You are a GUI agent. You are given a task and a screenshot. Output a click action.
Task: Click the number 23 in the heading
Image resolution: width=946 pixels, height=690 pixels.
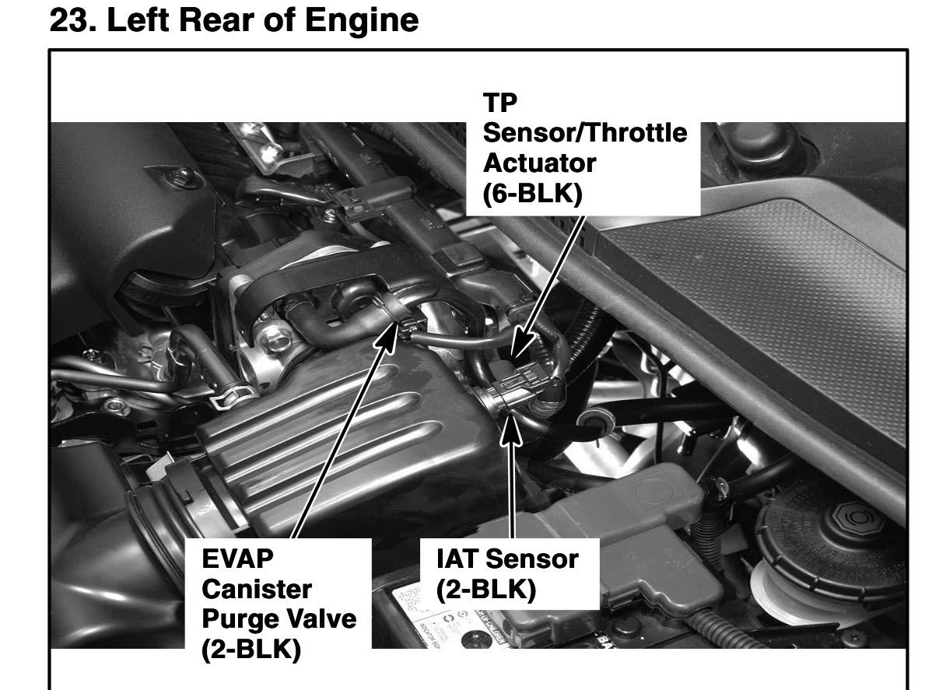71,20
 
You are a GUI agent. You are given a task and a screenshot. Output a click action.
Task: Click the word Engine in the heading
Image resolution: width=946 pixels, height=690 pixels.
362,21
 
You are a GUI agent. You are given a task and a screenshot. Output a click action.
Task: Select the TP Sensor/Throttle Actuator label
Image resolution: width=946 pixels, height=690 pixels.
585,148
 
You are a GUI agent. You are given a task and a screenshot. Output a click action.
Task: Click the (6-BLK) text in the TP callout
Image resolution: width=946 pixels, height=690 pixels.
533,194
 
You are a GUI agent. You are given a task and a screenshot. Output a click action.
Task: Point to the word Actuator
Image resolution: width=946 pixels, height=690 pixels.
539,163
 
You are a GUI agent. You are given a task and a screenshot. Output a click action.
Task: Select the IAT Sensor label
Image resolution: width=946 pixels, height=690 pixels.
507,574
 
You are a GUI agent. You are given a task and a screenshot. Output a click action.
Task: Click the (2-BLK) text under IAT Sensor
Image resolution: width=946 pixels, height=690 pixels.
485,590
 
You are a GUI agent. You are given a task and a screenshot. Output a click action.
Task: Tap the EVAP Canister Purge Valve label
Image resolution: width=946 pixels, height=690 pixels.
279,604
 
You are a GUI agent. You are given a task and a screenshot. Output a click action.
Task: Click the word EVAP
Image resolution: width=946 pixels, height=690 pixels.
237,559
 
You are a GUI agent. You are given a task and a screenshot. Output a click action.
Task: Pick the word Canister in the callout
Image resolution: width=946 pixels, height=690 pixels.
257,589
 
